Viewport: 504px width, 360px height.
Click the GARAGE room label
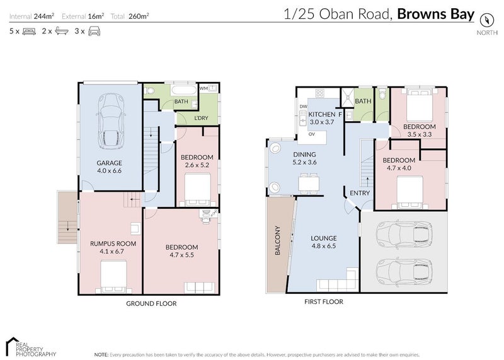coord(109,163)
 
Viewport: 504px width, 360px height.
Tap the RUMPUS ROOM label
coord(108,243)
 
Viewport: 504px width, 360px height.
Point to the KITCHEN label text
coord(321,114)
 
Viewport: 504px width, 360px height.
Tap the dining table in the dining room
coord(309,182)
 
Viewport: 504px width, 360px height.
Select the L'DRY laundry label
coord(201,118)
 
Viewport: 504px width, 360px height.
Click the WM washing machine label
coord(204,88)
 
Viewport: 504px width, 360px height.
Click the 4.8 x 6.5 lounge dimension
coord(323,247)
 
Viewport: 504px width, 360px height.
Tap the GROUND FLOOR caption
coord(151,303)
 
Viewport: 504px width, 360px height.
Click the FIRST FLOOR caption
coord(323,302)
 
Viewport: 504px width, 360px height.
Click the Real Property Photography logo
coord(30,346)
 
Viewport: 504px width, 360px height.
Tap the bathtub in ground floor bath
coord(164,91)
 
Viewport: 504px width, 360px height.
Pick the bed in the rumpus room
coord(113,277)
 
